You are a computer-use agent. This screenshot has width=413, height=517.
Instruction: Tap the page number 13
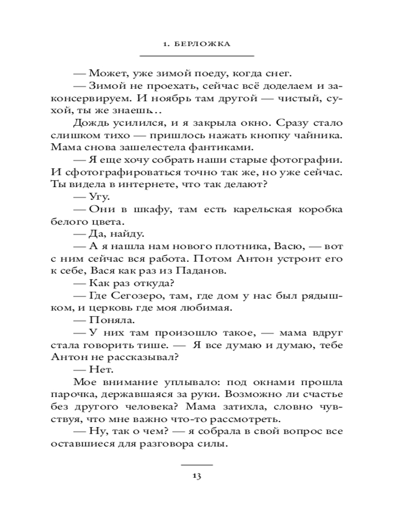coord(197,476)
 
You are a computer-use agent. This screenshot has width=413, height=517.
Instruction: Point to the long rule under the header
coord(197,55)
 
